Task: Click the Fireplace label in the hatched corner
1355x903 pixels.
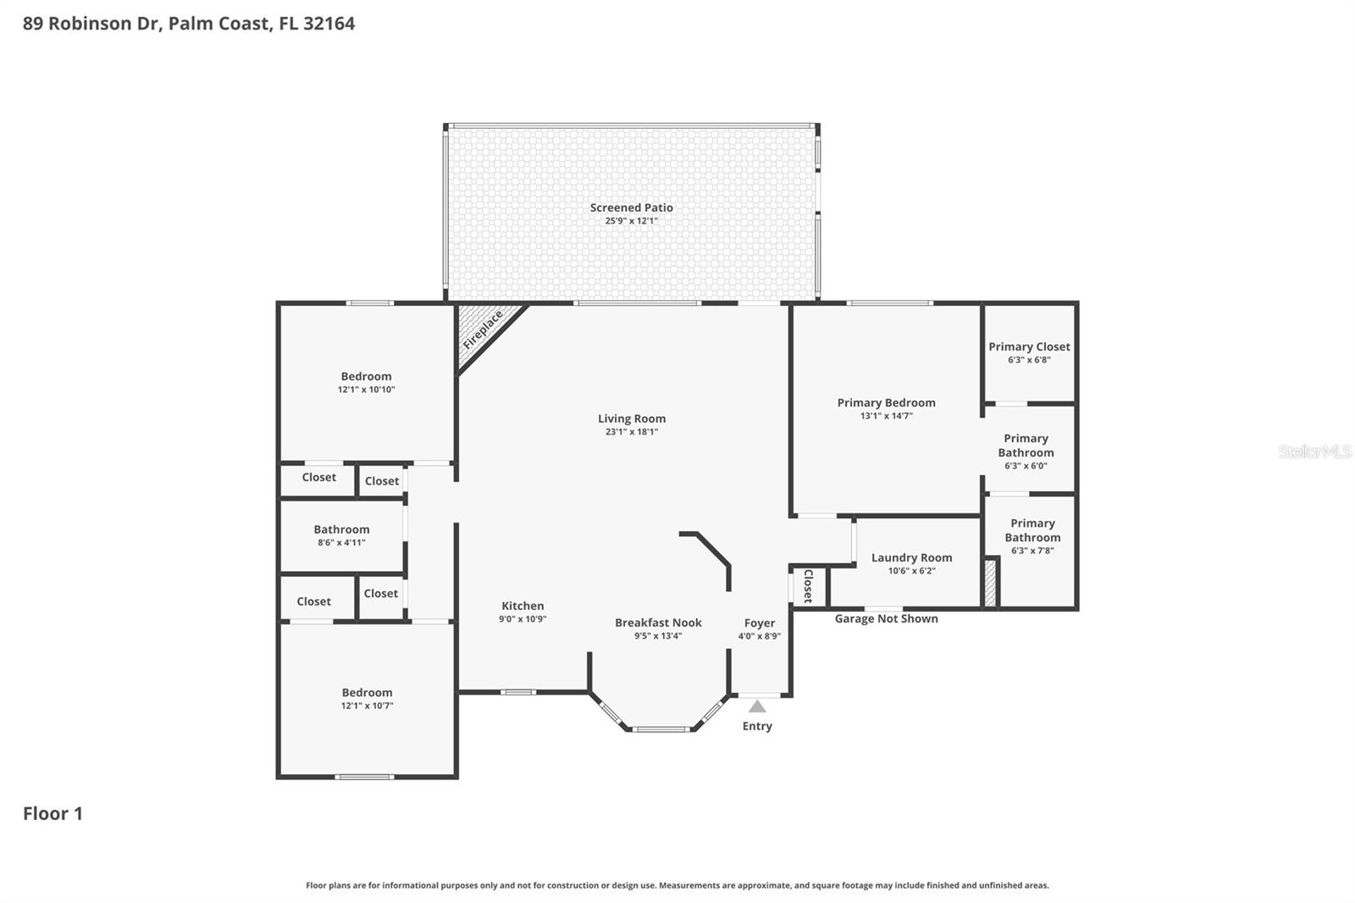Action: [483, 330]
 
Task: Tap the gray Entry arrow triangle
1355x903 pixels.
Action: [757, 706]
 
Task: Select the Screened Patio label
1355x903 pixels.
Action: [632, 208]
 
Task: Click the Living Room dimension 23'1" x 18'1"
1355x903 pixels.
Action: [632, 432]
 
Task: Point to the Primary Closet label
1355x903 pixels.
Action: [1029, 346]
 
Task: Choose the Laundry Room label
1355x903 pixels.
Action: [911, 557]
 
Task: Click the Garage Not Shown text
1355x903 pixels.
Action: [886, 618]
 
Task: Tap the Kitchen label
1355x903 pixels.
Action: [523, 606]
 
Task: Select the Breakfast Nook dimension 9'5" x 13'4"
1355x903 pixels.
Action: [658, 636]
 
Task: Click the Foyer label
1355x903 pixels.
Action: [760, 623]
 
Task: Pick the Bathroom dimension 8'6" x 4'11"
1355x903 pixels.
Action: [341, 543]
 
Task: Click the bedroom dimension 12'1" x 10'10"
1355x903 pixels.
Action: [366, 390]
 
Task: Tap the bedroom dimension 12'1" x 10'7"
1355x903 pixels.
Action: [367, 706]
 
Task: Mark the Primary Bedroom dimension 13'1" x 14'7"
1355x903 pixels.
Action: [886, 416]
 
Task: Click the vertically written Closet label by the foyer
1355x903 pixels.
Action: [808, 586]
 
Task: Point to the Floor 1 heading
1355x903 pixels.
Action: [53, 813]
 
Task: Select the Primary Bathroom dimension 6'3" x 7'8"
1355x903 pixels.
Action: [1032, 551]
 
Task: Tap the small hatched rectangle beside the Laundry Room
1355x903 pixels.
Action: [990, 583]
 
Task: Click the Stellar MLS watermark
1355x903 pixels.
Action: [1314, 451]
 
